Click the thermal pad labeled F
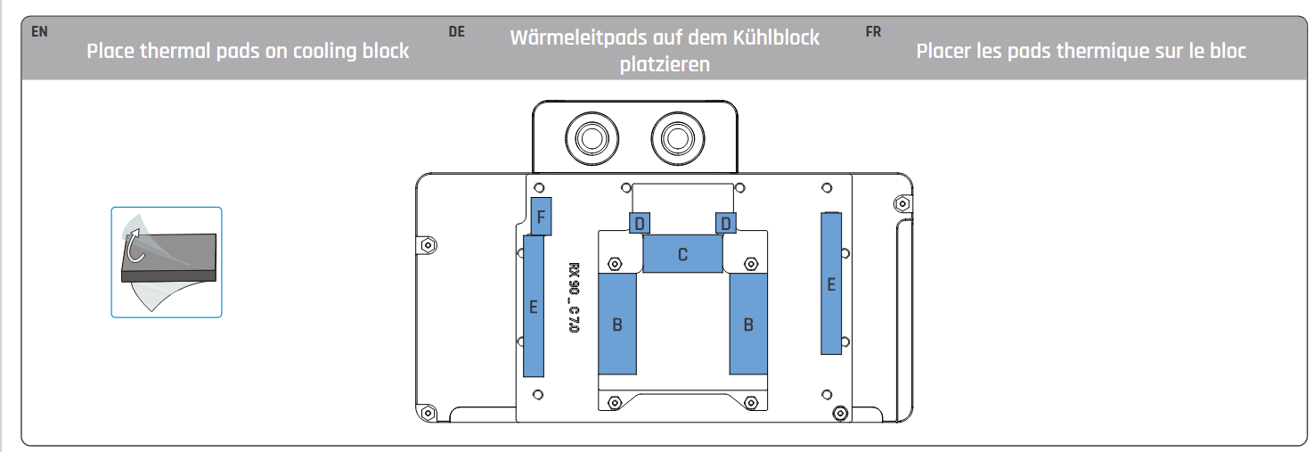(541, 217)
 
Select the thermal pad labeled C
(682, 253)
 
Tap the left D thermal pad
(640, 223)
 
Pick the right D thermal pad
(726, 223)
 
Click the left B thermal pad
(617, 324)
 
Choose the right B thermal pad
(748, 324)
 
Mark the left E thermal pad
(534, 306)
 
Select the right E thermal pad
(831, 284)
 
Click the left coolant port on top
(592, 139)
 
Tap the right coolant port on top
(678, 139)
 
